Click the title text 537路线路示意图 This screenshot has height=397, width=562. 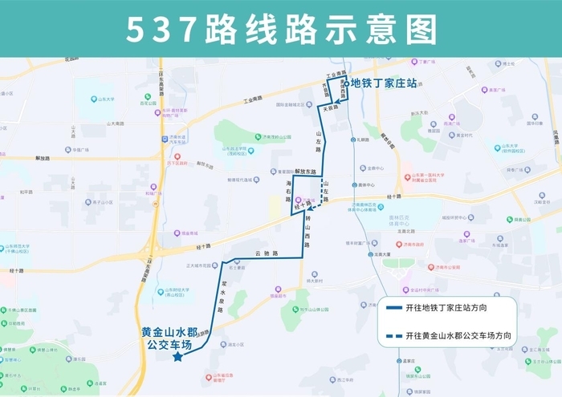tap(281, 30)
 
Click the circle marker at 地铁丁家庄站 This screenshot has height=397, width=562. tap(348, 83)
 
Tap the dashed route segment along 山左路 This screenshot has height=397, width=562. tap(322, 192)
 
